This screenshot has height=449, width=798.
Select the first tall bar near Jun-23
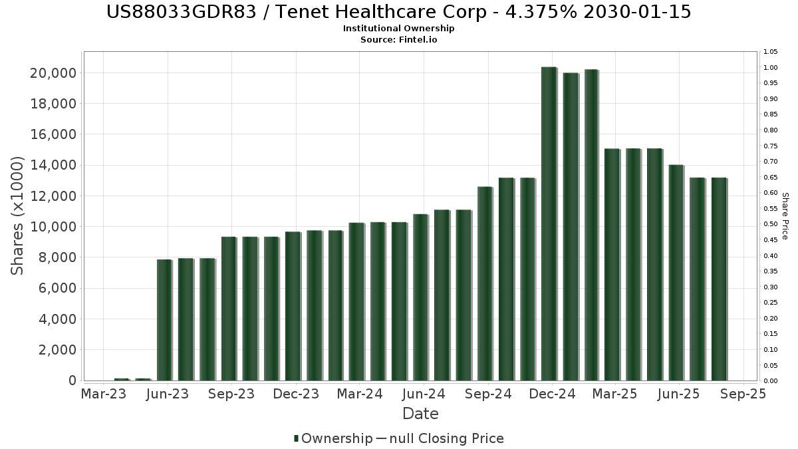164,320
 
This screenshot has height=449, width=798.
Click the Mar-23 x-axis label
103,394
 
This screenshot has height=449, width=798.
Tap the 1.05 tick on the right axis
770,52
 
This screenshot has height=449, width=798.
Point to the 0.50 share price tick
770,224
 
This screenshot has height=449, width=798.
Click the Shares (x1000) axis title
18,216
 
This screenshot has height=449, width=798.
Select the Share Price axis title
785,216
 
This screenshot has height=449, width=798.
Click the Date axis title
420,414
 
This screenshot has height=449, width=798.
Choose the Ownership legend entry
333,438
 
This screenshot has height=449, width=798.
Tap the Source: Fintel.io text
398,40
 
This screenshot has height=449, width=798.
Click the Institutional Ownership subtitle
398,29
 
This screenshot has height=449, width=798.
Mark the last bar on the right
719,279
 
